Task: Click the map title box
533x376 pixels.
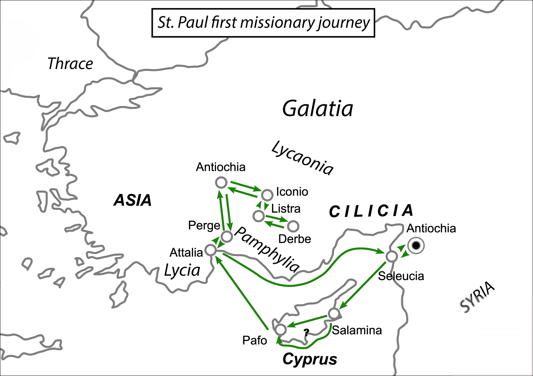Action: pos(263,23)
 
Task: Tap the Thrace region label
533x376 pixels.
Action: pos(70,64)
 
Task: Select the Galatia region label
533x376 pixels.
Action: pos(318,109)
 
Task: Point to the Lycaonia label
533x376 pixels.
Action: pos(302,158)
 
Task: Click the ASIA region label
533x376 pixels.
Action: pos(133,200)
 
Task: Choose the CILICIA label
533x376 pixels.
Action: pos(371,211)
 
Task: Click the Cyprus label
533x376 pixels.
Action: pos(310,359)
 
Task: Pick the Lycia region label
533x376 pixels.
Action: pos(182,271)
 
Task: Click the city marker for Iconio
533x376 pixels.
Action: pos(267,195)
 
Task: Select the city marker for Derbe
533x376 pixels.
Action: pos(293,226)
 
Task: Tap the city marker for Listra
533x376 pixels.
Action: pos(258,216)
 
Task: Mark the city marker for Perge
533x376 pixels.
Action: pos(227,236)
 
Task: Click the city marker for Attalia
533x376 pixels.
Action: pos(211,250)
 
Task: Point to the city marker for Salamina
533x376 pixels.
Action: pos(334,314)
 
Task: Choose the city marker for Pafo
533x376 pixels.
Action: pos(281,330)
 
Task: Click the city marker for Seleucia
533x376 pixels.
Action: pos(392,256)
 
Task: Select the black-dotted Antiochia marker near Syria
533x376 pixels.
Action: pos(416,245)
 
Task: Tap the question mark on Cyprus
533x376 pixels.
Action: pos(306,332)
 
